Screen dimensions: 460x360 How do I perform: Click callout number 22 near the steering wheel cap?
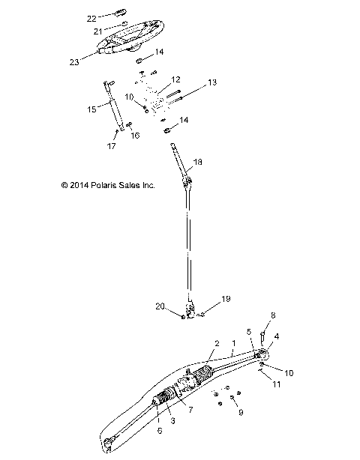pyautogui.click(x=91, y=17)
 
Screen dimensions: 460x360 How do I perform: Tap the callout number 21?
pyautogui.click(x=97, y=31)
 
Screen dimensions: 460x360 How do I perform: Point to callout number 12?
pyautogui.click(x=175, y=79)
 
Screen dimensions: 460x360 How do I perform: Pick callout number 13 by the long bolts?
pyautogui.click(x=211, y=82)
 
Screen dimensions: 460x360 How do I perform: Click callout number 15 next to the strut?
pyautogui.click(x=91, y=109)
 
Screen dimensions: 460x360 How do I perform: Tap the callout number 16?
pyautogui.click(x=136, y=135)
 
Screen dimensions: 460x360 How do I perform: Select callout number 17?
pyautogui.click(x=111, y=145)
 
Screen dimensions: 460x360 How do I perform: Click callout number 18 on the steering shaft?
pyautogui.click(x=198, y=162)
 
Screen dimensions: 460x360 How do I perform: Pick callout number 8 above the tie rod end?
pyautogui.click(x=274, y=315)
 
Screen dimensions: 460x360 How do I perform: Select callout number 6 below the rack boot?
pyautogui.click(x=160, y=432)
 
